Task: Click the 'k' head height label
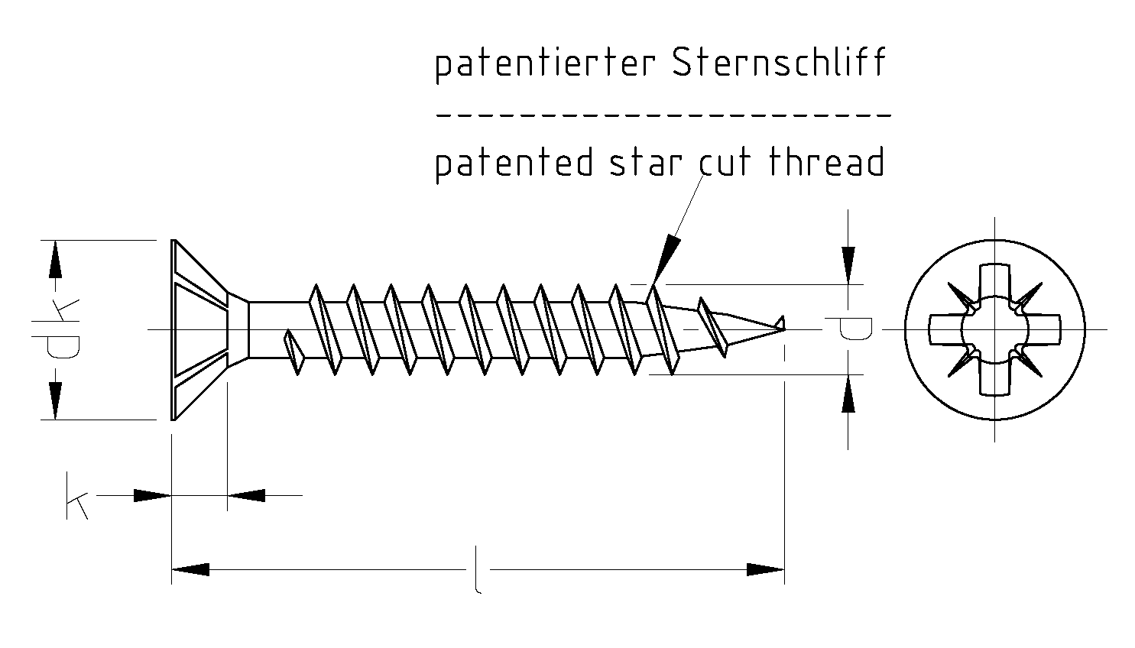76,497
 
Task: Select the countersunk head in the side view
199,329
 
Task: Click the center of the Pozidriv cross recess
994,329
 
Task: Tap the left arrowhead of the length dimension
190,569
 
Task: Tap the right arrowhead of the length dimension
765,569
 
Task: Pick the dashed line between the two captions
663,115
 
